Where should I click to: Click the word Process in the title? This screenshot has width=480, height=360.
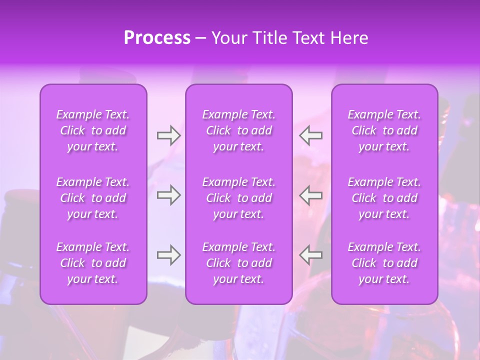pyautogui.click(x=157, y=38)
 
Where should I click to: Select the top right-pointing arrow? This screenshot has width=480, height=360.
pyautogui.click(x=168, y=135)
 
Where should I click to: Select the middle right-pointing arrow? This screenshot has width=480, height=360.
pyautogui.click(x=168, y=195)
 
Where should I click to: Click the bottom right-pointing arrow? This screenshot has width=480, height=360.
pyautogui.click(x=168, y=255)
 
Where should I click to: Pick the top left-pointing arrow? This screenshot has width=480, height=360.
pyautogui.click(x=311, y=135)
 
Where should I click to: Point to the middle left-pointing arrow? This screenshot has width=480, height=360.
pyautogui.click(x=311, y=195)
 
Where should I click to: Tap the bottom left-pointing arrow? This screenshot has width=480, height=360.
pyautogui.click(x=311, y=255)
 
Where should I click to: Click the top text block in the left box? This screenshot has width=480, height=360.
pyautogui.click(x=93, y=130)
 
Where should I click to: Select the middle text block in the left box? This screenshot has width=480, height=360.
pyautogui.click(x=93, y=198)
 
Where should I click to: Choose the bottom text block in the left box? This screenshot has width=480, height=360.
pyautogui.click(x=93, y=263)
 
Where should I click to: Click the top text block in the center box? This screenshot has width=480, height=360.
pyautogui.click(x=239, y=130)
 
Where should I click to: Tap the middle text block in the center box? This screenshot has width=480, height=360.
pyautogui.click(x=239, y=198)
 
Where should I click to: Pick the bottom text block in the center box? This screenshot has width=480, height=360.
pyautogui.click(x=239, y=263)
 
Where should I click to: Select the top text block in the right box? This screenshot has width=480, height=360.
pyautogui.click(x=384, y=130)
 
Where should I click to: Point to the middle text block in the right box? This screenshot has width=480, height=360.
pyautogui.click(x=384, y=198)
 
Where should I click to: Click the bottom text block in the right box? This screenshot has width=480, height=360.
pyautogui.click(x=384, y=263)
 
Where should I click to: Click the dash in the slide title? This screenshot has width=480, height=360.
pyautogui.click(x=200, y=38)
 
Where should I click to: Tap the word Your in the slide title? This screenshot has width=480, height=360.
pyautogui.click(x=228, y=38)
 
